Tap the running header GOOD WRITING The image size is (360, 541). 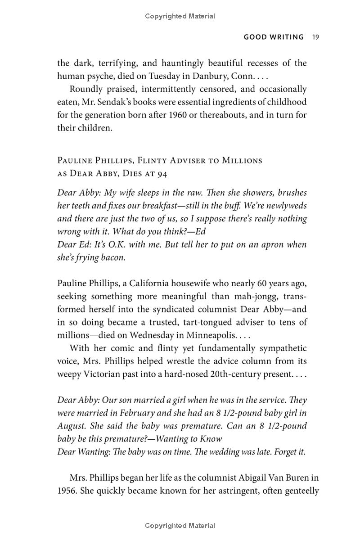(274, 37)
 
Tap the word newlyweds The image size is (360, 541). (287, 206)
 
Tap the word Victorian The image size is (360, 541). (103, 374)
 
